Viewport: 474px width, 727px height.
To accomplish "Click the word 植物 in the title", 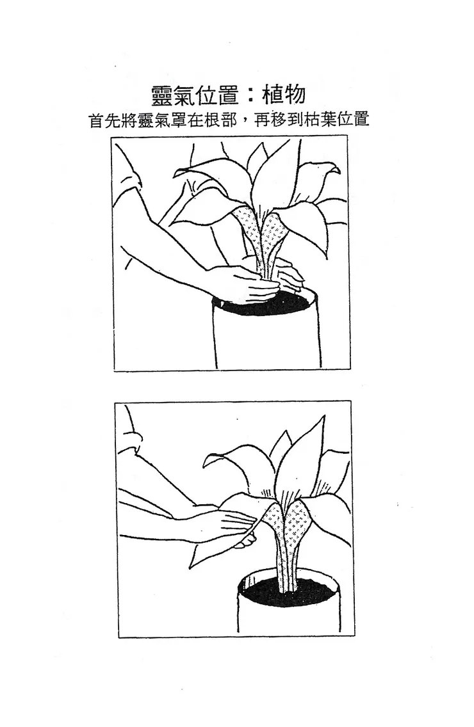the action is (284, 94).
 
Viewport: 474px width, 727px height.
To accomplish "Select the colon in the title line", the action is (250, 95).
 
